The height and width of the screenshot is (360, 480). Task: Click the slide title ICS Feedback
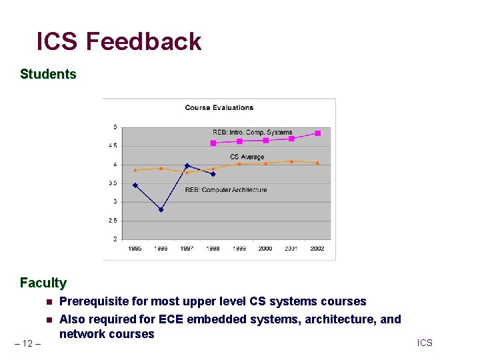pyautogui.click(x=119, y=41)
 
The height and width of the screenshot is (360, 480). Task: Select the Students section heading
pyautogui.click(x=48, y=74)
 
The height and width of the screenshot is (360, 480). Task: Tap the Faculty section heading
pyautogui.click(x=43, y=283)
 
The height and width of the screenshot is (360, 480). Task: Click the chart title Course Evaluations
pyautogui.click(x=219, y=107)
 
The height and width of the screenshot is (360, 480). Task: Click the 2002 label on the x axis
pyautogui.click(x=317, y=249)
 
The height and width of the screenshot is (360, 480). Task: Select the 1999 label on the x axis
pyautogui.click(x=239, y=249)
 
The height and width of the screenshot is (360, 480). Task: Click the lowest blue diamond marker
pyautogui.click(x=161, y=209)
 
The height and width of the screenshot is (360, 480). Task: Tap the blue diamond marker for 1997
pyautogui.click(x=187, y=165)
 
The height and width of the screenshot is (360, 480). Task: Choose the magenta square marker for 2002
pyautogui.click(x=317, y=133)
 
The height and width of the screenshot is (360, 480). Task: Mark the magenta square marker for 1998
pyautogui.click(x=213, y=143)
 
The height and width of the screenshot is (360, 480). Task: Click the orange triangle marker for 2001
pyautogui.click(x=291, y=161)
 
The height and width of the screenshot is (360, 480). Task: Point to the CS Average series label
pyautogui.click(x=247, y=157)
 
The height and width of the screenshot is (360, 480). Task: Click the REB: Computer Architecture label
pyautogui.click(x=225, y=190)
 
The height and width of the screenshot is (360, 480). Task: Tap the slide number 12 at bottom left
pyautogui.click(x=27, y=343)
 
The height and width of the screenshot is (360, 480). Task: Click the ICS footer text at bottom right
pyautogui.click(x=425, y=343)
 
